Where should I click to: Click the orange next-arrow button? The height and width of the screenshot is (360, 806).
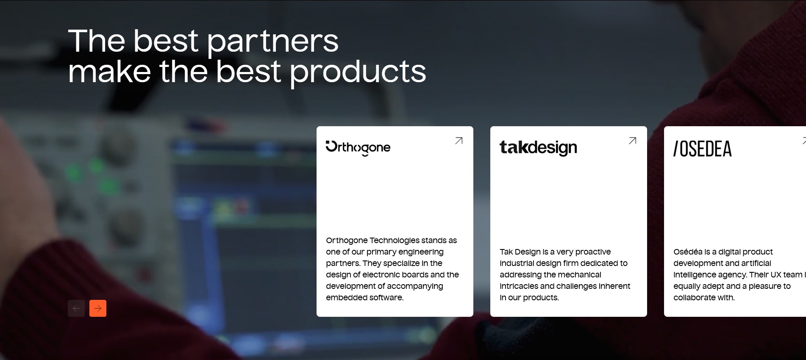pyautogui.click(x=98, y=308)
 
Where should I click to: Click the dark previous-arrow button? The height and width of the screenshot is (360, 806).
pyautogui.click(x=76, y=308)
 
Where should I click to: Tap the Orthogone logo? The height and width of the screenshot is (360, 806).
pyautogui.click(x=358, y=148)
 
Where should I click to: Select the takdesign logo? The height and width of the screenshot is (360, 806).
pyautogui.click(x=538, y=148)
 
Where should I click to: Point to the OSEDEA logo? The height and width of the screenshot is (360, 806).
pyautogui.click(x=703, y=149)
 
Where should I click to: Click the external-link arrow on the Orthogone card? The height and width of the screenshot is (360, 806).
pyautogui.click(x=459, y=141)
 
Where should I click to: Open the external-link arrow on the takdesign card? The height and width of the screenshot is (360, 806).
pyautogui.click(x=633, y=141)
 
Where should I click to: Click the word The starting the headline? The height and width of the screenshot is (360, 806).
pyautogui.click(x=97, y=41)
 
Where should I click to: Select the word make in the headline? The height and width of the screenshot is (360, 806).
pyautogui.click(x=109, y=71)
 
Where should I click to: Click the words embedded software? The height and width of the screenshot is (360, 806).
pyautogui.click(x=364, y=298)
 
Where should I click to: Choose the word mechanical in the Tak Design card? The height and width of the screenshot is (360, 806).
pyautogui.click(x=581, y=275)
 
